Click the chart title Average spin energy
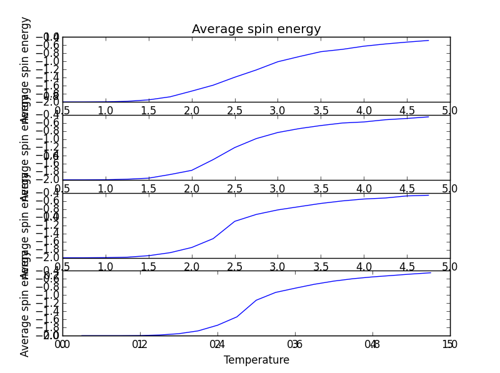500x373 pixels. [256, 29]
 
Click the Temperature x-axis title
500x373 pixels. [256, 361]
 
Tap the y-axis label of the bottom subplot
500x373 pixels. [25, 312]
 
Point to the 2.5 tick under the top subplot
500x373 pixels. [234, 111]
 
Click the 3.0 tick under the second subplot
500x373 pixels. [277, 189]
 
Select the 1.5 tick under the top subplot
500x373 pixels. [148, 111]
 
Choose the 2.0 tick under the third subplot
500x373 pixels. [191, 266]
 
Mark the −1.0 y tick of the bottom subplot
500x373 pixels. [47, 296]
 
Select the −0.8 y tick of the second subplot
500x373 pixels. [47, 131]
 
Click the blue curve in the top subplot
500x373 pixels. [277, 62]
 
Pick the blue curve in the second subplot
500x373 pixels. [277, 132]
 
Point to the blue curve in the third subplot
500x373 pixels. [277, 210]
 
